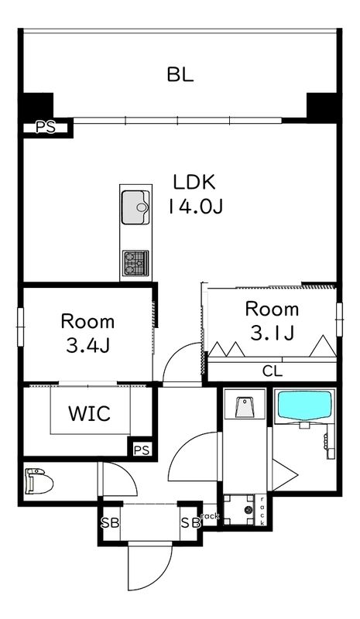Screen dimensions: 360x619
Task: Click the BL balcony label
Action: [180, 74]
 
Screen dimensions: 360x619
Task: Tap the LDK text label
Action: [194, 182]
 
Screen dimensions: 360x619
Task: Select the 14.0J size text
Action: [196, 206]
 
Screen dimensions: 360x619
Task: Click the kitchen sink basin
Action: [135, 207]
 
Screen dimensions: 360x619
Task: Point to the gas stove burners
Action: [135, 263]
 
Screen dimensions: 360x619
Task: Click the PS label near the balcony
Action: [46, 128]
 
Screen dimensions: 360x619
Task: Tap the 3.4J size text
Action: [87, 346]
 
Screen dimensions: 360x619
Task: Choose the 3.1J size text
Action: [273, 333]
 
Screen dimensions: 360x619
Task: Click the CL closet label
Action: [273, 371]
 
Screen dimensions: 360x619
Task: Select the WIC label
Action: [90, 413]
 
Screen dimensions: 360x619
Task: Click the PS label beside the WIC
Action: [142, 450]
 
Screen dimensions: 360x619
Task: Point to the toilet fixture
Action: [39, 480]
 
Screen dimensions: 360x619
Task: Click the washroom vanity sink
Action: [245, 408]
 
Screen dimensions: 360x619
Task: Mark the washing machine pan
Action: [239, 510]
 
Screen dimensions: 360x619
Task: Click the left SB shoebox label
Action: [110, 523]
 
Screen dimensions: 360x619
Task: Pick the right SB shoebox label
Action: [190, 523]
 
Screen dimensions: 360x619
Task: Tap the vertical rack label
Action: [262, 510]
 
